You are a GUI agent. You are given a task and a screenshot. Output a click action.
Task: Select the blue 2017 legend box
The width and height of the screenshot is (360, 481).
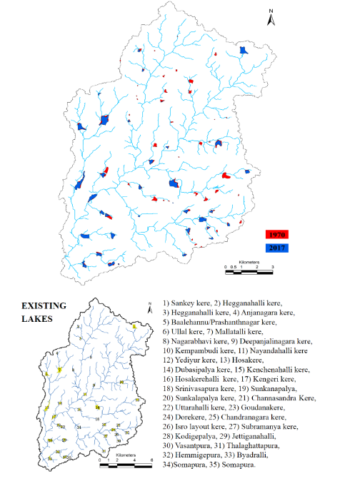(276, 247)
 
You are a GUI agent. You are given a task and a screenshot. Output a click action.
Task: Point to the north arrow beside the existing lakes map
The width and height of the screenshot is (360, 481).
(149, 306)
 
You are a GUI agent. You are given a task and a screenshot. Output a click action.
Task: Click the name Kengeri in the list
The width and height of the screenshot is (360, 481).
(281, 379)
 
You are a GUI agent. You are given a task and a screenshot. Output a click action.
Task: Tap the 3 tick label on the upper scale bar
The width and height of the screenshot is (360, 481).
(272, 266)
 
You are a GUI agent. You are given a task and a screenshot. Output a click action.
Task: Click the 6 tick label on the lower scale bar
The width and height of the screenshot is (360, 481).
(151, 459)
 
